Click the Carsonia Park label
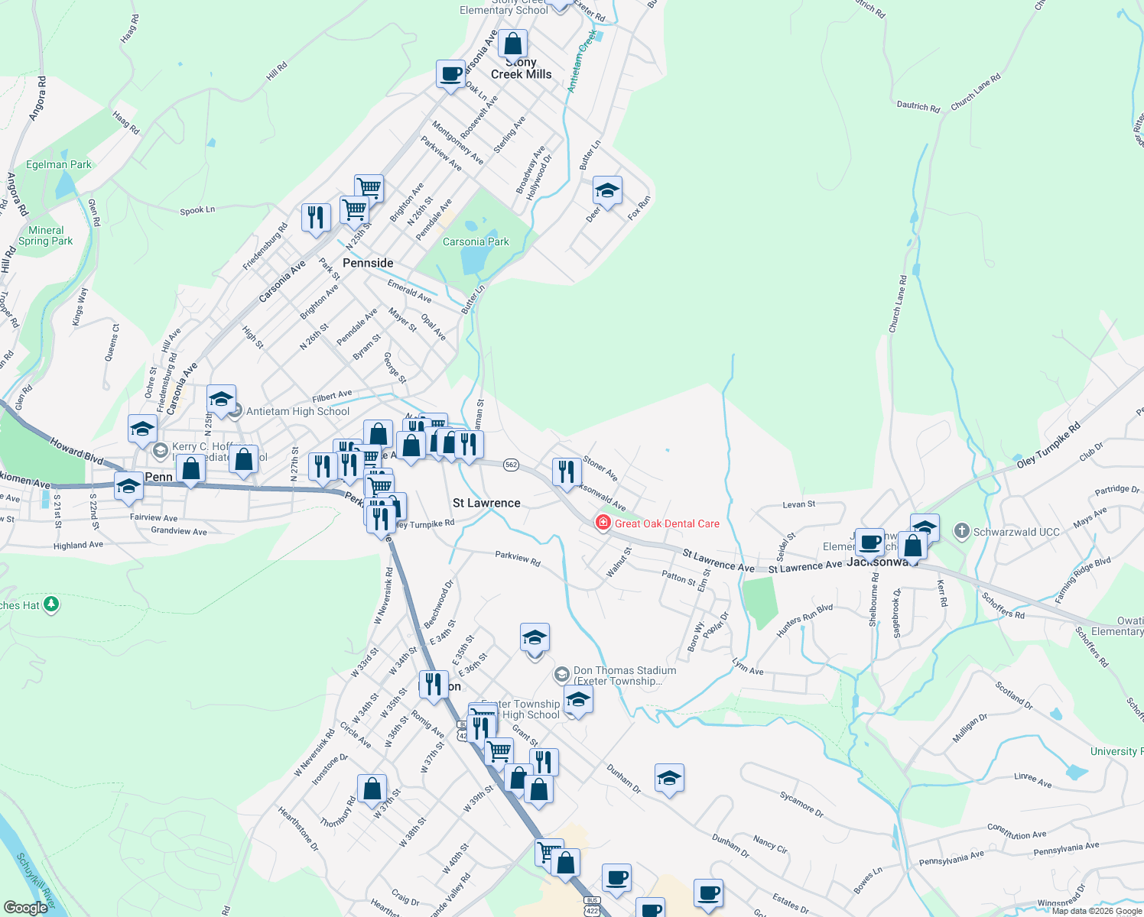coord(476,241)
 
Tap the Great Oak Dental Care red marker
coord(603,523)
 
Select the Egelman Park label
coord(59,164)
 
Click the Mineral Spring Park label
coord(46,235)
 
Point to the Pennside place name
coord(368,263)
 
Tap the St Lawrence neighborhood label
coord(486,503)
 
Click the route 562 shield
coord(512,465)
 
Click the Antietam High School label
coord(297,411)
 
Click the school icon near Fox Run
coord(607,191)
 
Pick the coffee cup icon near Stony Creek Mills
coord(451,74)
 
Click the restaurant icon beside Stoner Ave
coord(566,471)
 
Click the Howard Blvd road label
coord(76,450)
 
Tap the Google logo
coord(25,908)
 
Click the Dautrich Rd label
coord(918,107)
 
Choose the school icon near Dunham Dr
coord(669,778)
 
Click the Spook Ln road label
coord(197,210)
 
